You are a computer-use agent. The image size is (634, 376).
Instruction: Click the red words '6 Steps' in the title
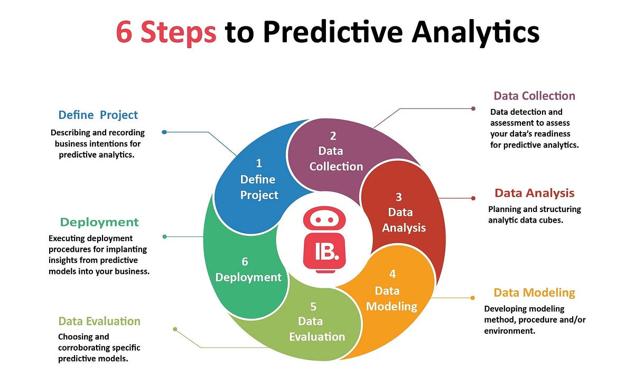[x=165, y=33]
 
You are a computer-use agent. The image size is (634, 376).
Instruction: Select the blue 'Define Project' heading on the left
[x=98, y=115]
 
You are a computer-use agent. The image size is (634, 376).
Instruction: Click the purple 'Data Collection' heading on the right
[x=534, y=96]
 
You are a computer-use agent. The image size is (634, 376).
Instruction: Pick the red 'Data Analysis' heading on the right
[x=534, y=193]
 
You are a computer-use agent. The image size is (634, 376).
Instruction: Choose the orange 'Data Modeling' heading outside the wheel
[x=534, y=292]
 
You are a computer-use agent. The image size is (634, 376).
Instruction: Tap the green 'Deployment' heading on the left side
[x=99, y=222]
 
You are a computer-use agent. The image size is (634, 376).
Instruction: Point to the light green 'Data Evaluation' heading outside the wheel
[x=99, y=321]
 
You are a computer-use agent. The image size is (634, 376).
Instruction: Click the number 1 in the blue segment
[x=259, y=163]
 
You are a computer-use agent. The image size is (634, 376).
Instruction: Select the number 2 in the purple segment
[x=333, y=135]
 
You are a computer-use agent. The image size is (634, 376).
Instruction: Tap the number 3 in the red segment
[x=399, y=197]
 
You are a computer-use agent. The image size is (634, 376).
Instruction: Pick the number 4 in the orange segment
[x=393, y=274]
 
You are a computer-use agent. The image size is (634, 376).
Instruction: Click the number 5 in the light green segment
[x=313, y=306]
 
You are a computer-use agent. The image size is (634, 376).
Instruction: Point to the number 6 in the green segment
[x=245, y=261]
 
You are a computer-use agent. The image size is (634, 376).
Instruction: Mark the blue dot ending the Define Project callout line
[x=164, y=132]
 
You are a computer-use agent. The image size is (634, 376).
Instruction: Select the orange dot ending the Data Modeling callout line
[x=473, y=298]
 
